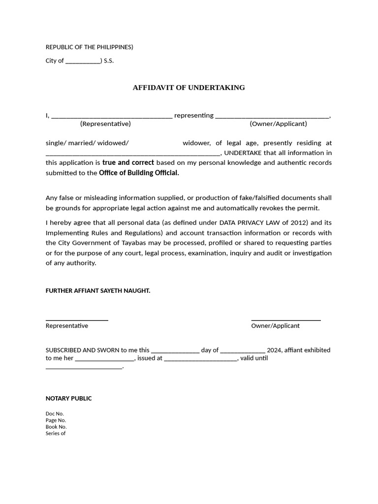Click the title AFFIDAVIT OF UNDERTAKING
pyautogui.click(x=189, y=88)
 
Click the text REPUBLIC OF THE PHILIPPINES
pyautogui.click(x=89, y=47)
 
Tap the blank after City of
pyautogui.click(x=83, y=62)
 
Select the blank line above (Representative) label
pyautogui.click(x=112, y=117)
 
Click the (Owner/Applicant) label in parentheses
pyautogui.click(x=278, y=124)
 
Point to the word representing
pyautogui.click(x=194, y=116)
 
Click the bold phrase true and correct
pyautogui.click(x=128, y=162)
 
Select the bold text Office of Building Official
pyautogui.click(x=139, y=173)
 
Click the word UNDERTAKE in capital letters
pyautogui.click(x=243, y=153)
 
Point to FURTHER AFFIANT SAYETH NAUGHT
pyautogui.click(x=98, y=291)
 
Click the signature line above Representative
pyautogui.click(x=77, y=320)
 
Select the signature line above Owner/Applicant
pyautogui.click(x=286, y=320)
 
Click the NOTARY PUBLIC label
pyautogui.click(x=68, y=399)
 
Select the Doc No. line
pyautogui.click(x=55, y=414)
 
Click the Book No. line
pyautogui.click(x=56, y=427)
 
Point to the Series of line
pyautogui.click(x=56, y=434)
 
